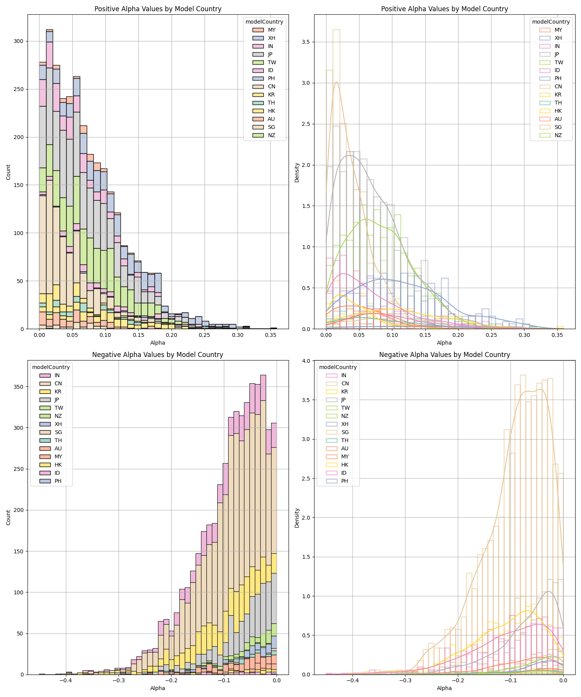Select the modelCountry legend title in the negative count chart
pos(51,367)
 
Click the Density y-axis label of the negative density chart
pos(297,518)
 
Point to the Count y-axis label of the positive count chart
pos(9,172)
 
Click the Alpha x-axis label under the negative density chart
pos(444,688)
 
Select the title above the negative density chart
pos(444,355)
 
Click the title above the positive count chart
pos(158,9)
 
